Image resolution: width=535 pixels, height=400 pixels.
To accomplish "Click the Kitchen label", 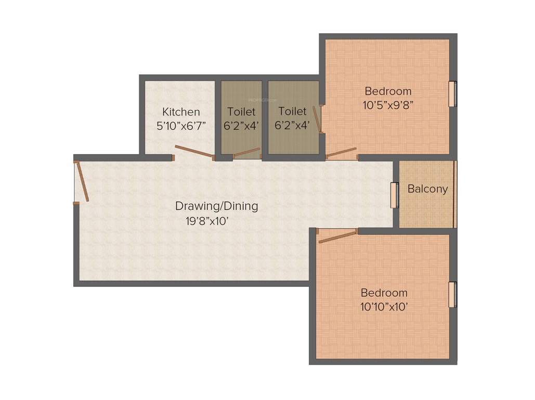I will pyautogui.click(x=181, y=112).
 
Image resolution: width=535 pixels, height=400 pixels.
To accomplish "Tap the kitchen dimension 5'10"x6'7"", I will pyautogui.click(x=181, y=126).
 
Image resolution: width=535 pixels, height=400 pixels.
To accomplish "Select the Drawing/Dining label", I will pyautogui.click(x=216, y=206).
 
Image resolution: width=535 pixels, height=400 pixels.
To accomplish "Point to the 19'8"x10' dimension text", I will pyautogui.click(x=207, y=220).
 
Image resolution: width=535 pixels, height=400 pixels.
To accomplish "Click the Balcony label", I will pyautogui.click(x=427, y=189).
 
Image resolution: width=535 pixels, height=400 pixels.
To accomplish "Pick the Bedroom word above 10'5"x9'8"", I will pyautogui.click(x=388, y=91).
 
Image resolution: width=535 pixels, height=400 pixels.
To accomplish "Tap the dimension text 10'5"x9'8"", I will pyautogui.click(x=388, y=104).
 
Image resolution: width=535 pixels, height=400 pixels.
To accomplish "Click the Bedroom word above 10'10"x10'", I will pyautogui.click(x=384, y=292).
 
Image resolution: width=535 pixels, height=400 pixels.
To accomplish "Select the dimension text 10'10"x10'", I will pyautogui.click(x=384, y=307).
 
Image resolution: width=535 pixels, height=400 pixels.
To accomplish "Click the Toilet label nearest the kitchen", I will pyautogui.click(x=241, y=112).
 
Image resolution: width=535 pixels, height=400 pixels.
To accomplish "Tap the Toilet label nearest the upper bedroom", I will pyautogui.click(x=292, y=111).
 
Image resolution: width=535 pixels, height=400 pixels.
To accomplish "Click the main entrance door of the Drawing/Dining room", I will pyautogui.click(x=82, y=181).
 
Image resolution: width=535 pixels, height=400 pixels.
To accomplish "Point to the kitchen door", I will pyautogui.click(x=194, y=152).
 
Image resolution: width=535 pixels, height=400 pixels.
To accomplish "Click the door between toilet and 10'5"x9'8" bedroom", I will pyautogui.click(x=318, y=120).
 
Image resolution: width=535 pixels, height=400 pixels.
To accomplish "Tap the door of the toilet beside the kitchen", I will pyautogui.click(x=246, y=153).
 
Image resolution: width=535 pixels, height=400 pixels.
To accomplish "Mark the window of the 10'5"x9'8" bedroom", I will pyautogui.click(x=453, y=94).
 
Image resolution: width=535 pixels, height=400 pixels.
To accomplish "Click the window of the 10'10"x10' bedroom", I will pyautogui.click(x=453, y=294).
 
